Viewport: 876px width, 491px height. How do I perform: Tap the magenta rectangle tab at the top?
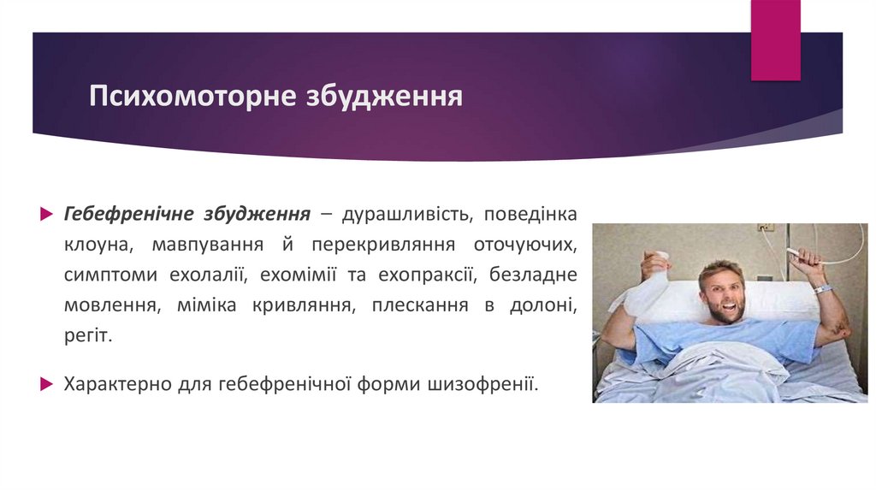[x=775, y=39]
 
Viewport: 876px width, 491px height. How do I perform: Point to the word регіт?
[x=86, y=337]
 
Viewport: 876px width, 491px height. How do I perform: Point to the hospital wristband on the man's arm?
[x=822, y=289]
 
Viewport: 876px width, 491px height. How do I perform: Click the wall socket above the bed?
[x=766, y=229]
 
